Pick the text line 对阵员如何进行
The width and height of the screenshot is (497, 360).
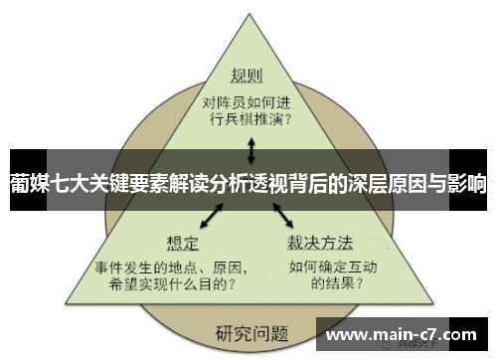[x=248, y=100]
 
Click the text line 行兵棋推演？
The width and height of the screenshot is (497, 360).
[x=248, y=120]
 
